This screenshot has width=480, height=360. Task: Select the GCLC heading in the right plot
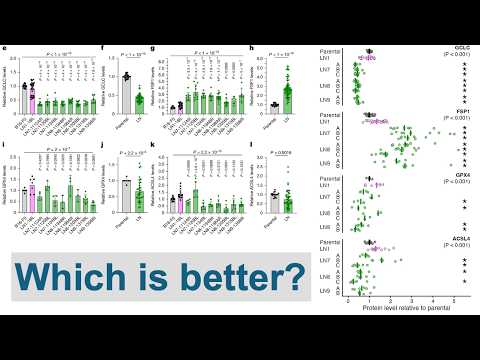coord(464,48)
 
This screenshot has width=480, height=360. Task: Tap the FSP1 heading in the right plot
coord(464,111)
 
